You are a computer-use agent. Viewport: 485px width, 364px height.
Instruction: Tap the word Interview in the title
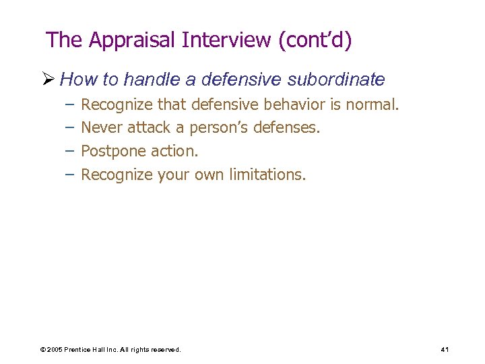tap(226, 40)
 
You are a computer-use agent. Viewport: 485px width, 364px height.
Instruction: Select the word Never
tap(102, 128)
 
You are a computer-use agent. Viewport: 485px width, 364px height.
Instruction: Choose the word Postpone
tap(110, 151)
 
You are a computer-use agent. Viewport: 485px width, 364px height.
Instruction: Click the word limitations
tap(267, 175)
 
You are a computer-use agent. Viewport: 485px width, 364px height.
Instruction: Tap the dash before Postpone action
tap(69, 151)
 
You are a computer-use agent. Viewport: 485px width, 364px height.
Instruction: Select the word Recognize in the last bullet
tap(117, 175)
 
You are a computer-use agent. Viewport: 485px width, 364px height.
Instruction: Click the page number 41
tap(445, 349)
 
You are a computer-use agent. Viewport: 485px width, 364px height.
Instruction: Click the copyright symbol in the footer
tap(43, 350)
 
